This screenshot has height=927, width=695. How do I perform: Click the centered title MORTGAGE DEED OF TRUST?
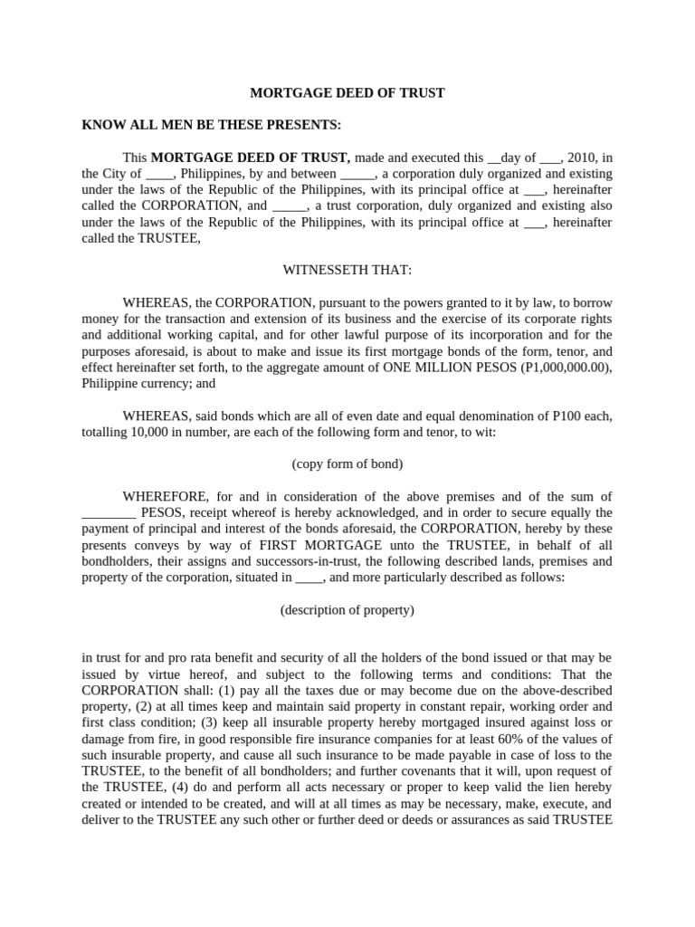pos(347,93)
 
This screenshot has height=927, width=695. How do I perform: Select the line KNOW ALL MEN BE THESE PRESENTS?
pos(212,124)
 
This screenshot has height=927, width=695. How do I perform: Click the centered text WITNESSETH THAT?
pos(347,270)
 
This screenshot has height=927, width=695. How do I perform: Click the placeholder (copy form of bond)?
pos(347,464)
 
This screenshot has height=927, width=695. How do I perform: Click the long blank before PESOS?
pos(109,513)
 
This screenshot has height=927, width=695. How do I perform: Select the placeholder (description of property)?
pos(347,610)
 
